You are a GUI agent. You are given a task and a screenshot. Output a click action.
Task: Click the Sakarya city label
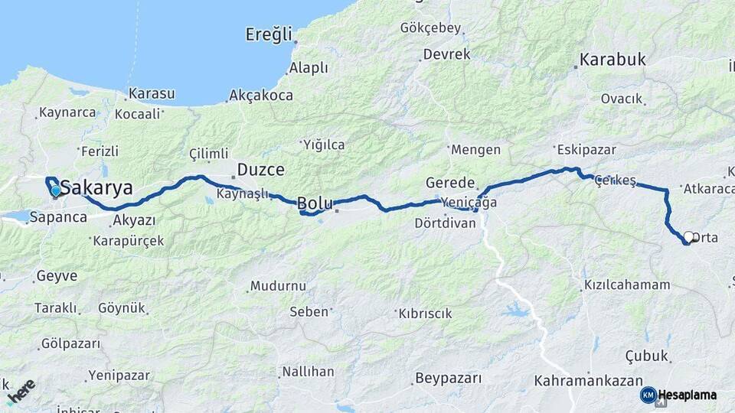96,188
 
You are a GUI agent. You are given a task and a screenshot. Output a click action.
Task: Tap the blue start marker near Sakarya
56,190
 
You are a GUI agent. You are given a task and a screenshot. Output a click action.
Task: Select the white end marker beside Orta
688,237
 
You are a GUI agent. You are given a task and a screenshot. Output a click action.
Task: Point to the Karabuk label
612,60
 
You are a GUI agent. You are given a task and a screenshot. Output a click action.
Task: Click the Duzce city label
260,169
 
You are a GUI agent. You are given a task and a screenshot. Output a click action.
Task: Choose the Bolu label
315,203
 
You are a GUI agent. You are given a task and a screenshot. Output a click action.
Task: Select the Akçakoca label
261,96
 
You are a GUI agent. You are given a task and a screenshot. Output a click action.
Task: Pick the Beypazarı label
448,378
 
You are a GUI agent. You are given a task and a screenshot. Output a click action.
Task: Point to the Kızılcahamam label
627,285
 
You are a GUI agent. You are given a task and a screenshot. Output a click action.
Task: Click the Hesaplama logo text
688,395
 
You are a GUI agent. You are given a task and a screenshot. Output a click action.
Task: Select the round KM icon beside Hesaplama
648,395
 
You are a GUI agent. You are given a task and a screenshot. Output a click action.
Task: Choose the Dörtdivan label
445,223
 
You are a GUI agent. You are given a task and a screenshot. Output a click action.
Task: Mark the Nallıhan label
308,372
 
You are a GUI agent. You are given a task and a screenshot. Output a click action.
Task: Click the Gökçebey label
430,28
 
